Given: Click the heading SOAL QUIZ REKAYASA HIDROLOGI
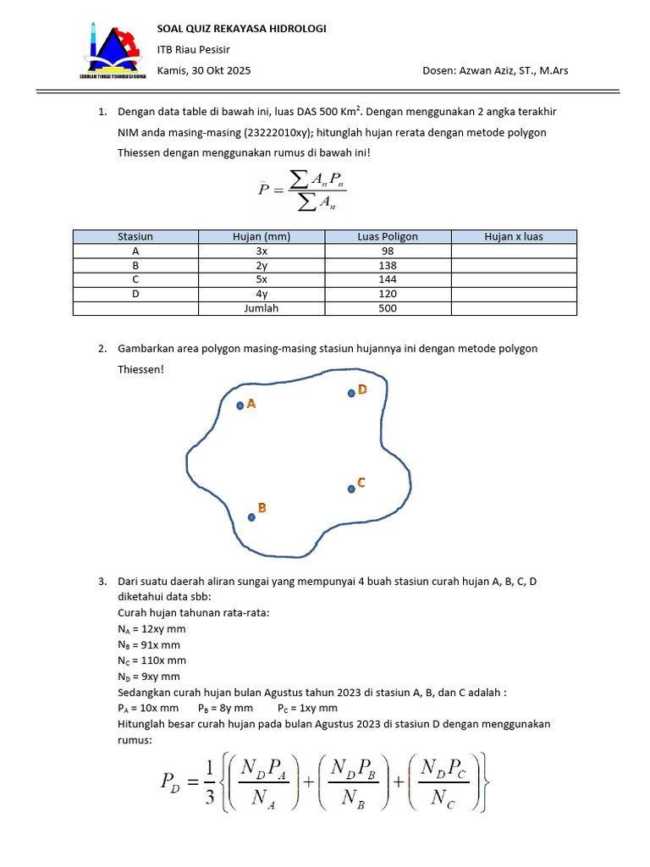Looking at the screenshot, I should pyautogui.click(x=242, y=29).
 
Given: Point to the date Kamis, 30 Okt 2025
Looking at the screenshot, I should pyautogui.click(x=204, y=70).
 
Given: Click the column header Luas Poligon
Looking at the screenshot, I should pyautogui.click(x=388, y=237).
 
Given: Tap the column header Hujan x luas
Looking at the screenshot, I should pyautogui.click(x=514, y=237).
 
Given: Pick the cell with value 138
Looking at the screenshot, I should pyautogui.click(x=388, y=265).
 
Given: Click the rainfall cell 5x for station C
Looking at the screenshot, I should pyautogui.click(x=262, y=279).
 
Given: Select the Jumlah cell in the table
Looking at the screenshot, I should pyautogui.click(x=262, y=308).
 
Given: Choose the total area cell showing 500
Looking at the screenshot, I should pyautogui.click(x=388, y=308).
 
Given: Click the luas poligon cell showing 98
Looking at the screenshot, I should pyautogui.click(x=388, y=251).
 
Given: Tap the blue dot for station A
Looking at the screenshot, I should pyautogui.click(x=240, y=406).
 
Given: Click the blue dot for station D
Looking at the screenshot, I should pyautogui.click(x=350, y=393).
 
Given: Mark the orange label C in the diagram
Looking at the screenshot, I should pyautogui.click(x=361, y=483).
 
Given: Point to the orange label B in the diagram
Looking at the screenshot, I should pyautogui.click(x=262, y=508).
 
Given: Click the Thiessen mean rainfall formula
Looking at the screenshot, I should pyautogui.click(x=301, y=189).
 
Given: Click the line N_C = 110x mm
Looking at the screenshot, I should pyautogui.click(x=151, y=660).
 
